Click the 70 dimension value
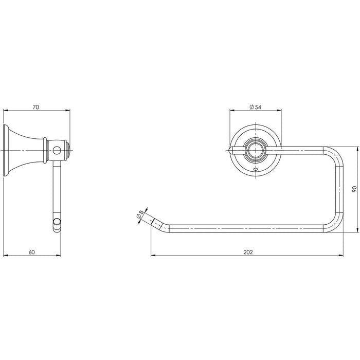click(36, 107)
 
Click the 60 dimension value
click(32, 252)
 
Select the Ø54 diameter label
click(255, 107)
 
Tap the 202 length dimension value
click(248, 252)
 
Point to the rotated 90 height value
click(354, 189)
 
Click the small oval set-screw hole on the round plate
click(256, 170)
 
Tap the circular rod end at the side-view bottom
click(57, 222)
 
